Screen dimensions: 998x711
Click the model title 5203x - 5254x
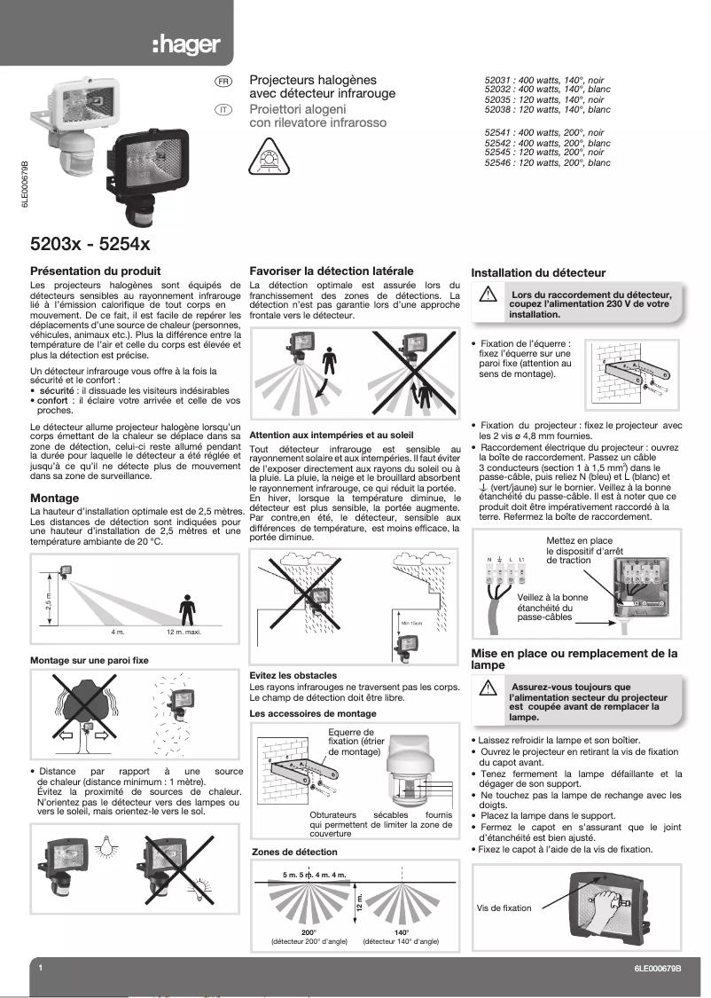click(x=90, y=242)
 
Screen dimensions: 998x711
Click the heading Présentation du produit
click(x=96, y=271)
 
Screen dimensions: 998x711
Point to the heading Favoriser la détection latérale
click(x=332, y=271)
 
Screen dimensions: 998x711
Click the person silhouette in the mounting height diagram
click(x=186, y=609)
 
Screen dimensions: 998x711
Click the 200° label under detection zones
click(x=309, y=932)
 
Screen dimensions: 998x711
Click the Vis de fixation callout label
click(x=504, y=908)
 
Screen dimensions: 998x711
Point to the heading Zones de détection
click(x=294, y=852)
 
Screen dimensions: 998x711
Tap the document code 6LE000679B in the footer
click(x=658, y=969)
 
